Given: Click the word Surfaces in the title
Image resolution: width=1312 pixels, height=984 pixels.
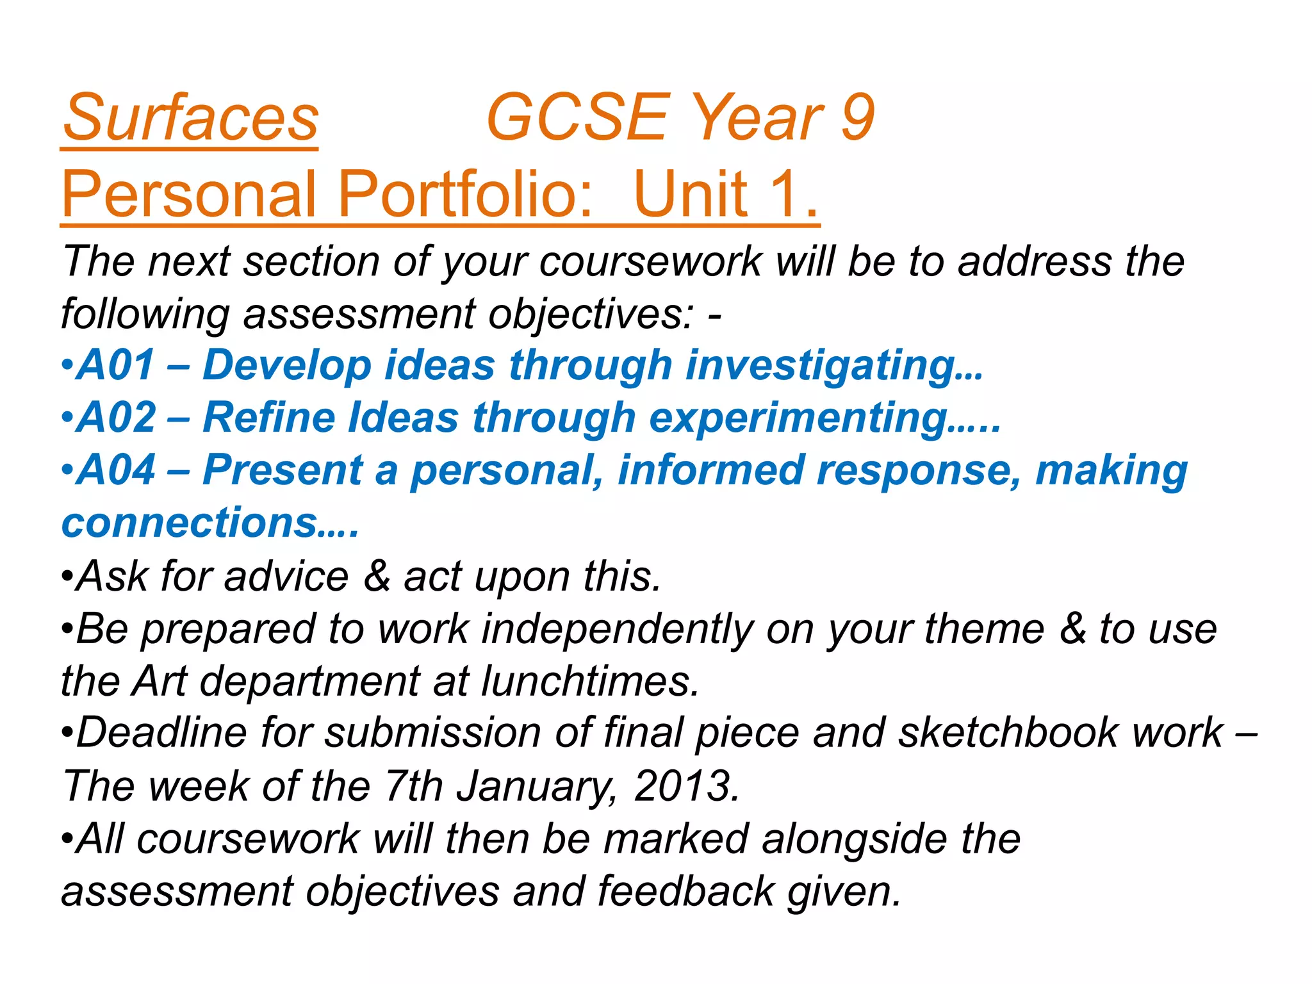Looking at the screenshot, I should coord(190,118).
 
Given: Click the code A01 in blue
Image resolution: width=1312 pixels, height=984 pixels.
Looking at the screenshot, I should coord(115,365).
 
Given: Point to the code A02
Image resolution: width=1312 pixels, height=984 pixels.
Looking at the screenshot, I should coord(116,418).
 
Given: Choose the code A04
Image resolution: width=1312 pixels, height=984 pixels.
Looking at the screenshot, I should coord(116,470).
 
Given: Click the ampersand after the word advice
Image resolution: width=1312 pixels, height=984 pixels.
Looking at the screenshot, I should coord(377,576).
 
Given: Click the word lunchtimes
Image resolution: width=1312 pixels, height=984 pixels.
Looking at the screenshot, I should coord(589,681).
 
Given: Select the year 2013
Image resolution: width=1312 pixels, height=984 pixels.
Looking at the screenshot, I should coord(685,786).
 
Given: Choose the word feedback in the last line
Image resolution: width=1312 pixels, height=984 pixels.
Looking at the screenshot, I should coord(685,891).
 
